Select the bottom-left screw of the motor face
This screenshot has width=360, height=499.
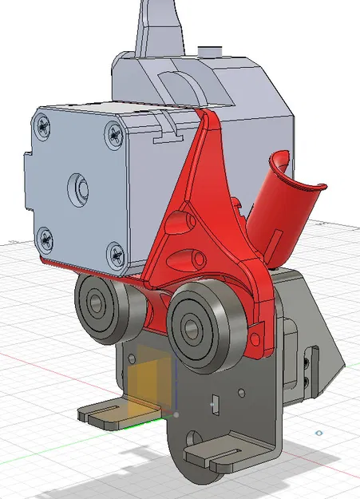45,236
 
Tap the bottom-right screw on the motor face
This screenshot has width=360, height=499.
113,254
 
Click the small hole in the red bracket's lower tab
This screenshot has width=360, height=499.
255,344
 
